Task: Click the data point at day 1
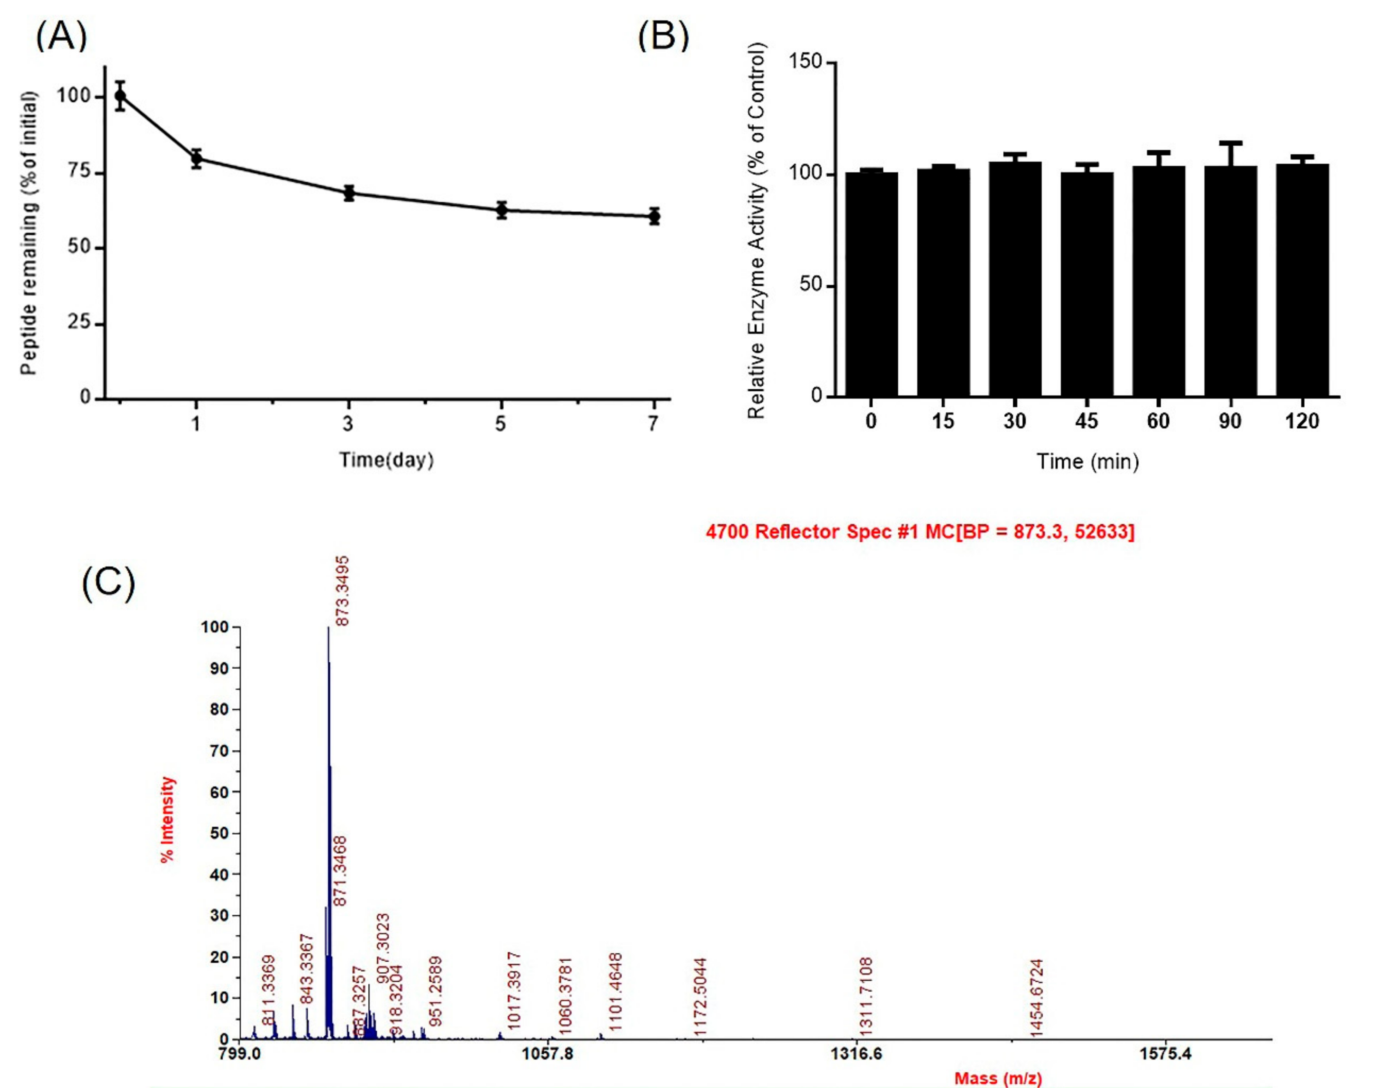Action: (x=196, y=159)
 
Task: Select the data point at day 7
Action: (x=654, y=216)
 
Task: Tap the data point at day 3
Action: (x=348, y=193)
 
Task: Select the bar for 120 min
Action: (x=1302, y=280)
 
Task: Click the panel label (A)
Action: (x=61, y=36)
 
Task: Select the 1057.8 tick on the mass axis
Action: (x=547, y=1054)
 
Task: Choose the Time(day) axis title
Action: (x=386, y=460)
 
